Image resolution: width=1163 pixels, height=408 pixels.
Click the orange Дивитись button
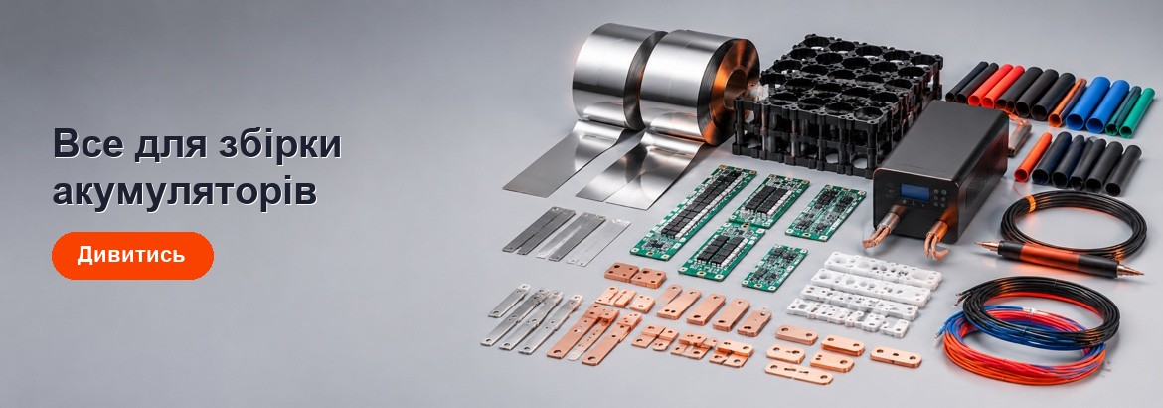click(132, 255)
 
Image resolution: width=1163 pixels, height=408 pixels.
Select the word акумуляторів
click(185, 192)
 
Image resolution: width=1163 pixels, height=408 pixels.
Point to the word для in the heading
click(169, 145)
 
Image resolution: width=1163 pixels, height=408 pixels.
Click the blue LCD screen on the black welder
click(914, 192)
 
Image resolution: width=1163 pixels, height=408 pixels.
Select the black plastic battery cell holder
click(837, 101)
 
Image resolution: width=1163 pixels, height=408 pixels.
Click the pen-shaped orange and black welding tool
click(1060, 258)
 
